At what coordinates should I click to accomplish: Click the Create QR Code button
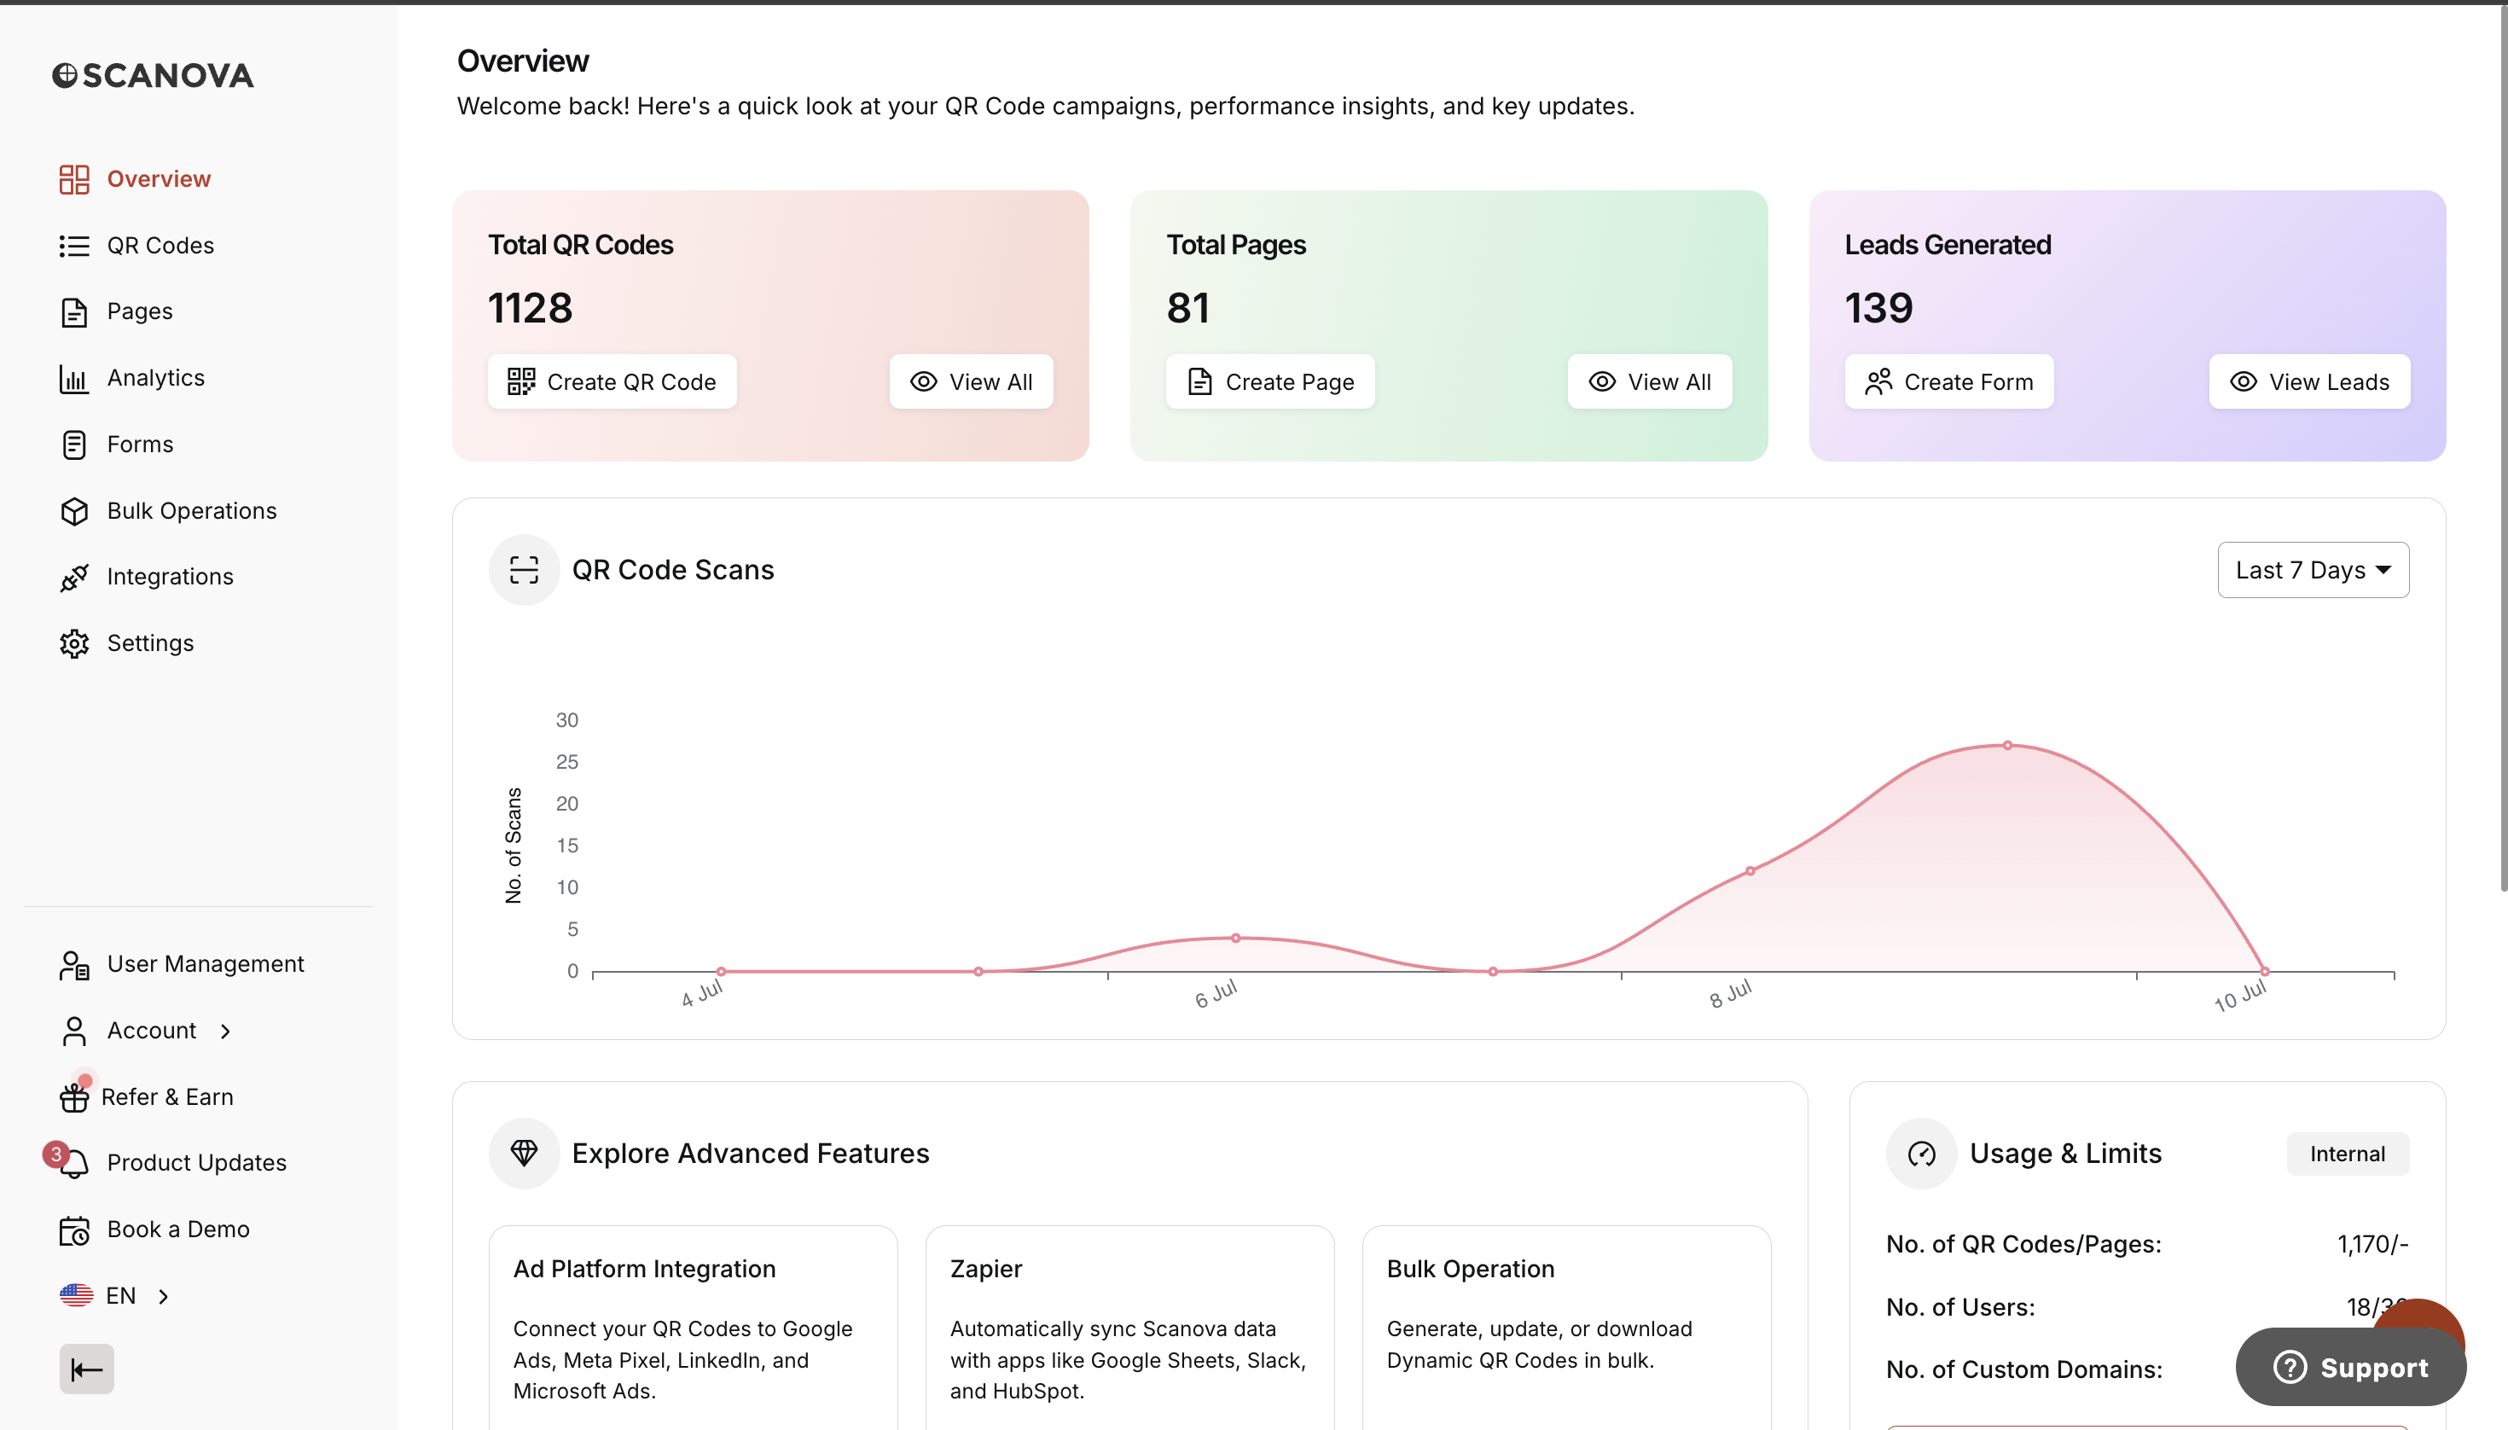pyautogui.click(x=612, y=381)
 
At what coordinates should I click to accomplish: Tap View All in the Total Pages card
pyautogui.click(x=1650, y=381)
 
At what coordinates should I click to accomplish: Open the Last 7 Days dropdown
pyautogui.click(x=2313, y=570)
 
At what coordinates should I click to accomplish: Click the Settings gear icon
pyautogui.click(x=74, y=643)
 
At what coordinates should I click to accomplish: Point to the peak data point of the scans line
pyautogui.click(x=2008, y=746)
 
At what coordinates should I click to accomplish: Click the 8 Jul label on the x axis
pyautogui.click(x=1730, y=994)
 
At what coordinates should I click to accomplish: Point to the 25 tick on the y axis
pyautogui.click(x=566, y=762)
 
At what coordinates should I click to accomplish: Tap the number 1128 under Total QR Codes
pyautogui.click(x=531, y=308)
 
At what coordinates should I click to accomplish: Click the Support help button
pyautogui.click(x=2351, y=1367)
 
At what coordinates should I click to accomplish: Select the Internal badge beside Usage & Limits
pyautogui.click(x=2347, y=1154)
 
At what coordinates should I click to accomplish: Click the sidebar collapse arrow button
pyautogui.click(x=86, y=1369)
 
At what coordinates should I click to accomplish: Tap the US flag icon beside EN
pyautogui.click(x=77, y=1295)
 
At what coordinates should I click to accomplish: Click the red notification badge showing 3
pyautogui.click(x=56, y=1154)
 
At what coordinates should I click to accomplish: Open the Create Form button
pyautogui.click(x=1949, y=381)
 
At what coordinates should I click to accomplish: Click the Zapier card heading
pyautogui.click(x=986, y=1269)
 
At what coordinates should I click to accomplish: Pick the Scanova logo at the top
pyautogui.click(x=154, y=76)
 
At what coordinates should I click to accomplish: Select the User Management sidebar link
pyautogui.click(x=182, y=964)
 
